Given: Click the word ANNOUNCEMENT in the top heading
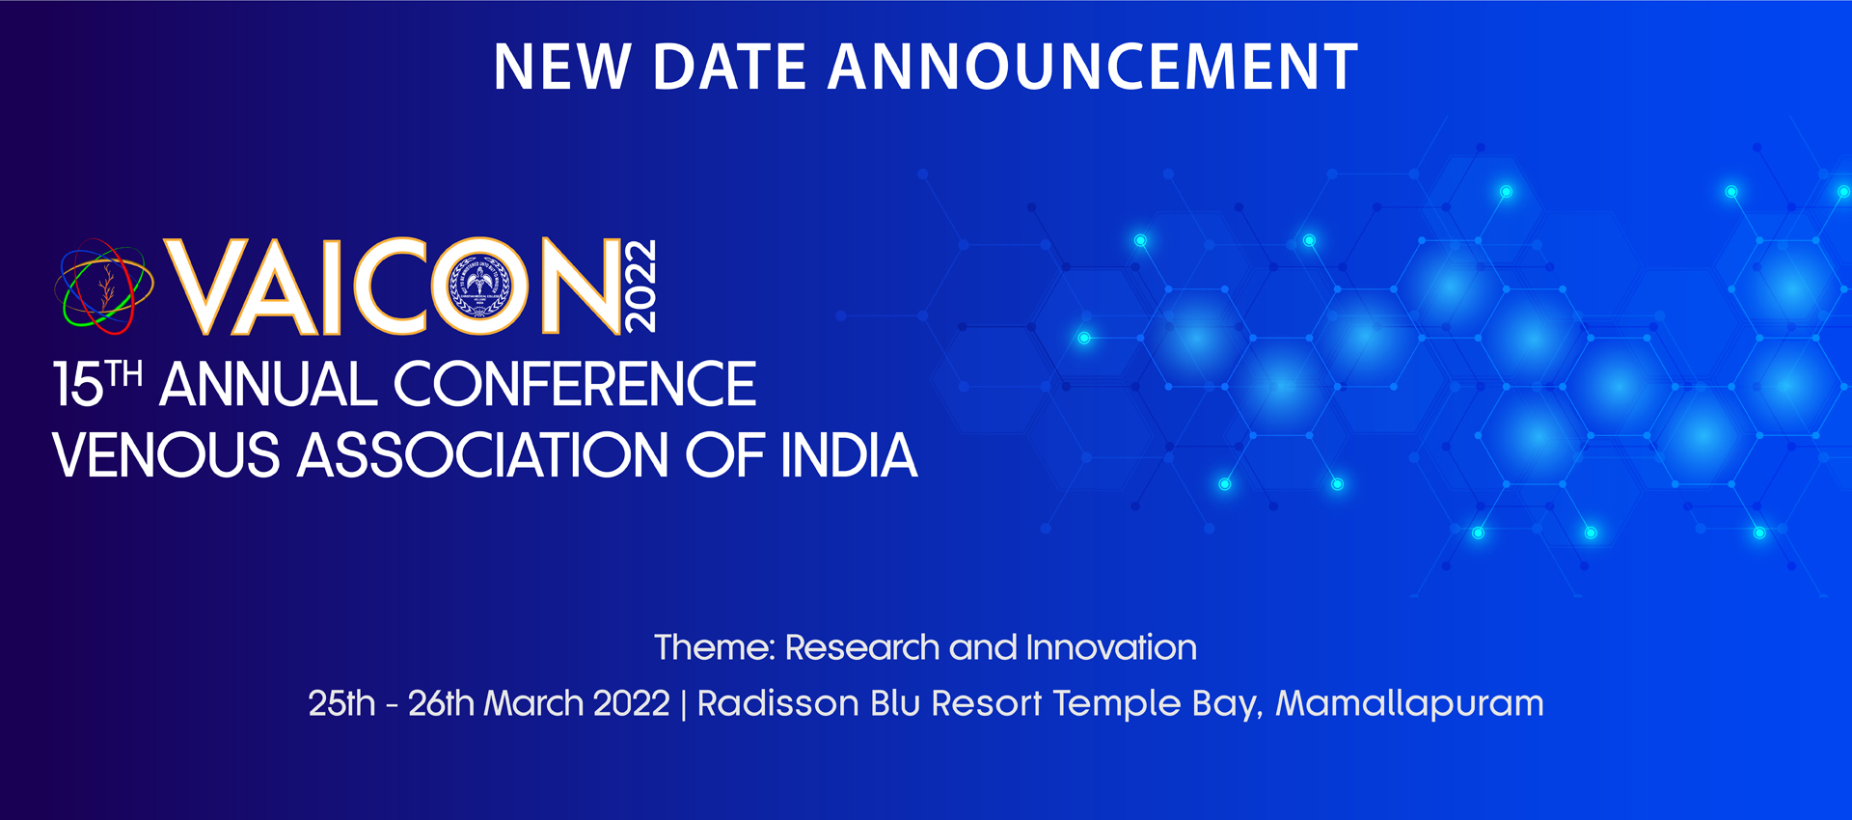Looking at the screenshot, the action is point(1093,67).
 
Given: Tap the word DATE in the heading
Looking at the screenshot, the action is point(729,67).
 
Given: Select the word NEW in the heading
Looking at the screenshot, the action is point(562,67).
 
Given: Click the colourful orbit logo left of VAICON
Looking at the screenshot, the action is point(103,287).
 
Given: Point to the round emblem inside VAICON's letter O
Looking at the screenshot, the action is point(479,286).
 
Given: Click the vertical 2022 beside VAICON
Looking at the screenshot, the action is point(640,286).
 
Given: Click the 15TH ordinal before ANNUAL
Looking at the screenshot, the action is point(97,383).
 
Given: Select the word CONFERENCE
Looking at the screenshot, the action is point(574,384).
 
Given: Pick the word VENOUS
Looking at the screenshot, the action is point(166,455).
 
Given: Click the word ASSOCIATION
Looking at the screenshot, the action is point(482,455).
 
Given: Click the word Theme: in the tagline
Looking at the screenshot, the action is point(715,647).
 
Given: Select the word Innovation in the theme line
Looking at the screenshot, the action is point(1111,647).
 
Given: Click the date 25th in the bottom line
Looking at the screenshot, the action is point(341,703).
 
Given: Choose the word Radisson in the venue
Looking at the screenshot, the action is point(777,703).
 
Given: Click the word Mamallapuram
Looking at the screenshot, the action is point(1409,704).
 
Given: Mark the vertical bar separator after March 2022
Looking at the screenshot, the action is point(684,704).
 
